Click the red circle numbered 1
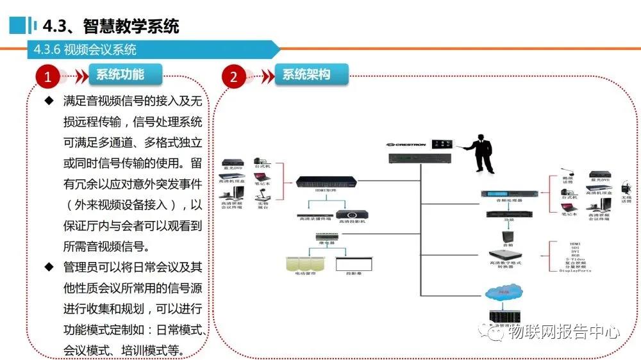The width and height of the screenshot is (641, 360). pos(47,78)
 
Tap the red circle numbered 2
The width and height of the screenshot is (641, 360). pos(233,78)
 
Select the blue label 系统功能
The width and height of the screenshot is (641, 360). pos(121,74)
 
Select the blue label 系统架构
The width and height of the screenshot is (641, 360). pos(306,74)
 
